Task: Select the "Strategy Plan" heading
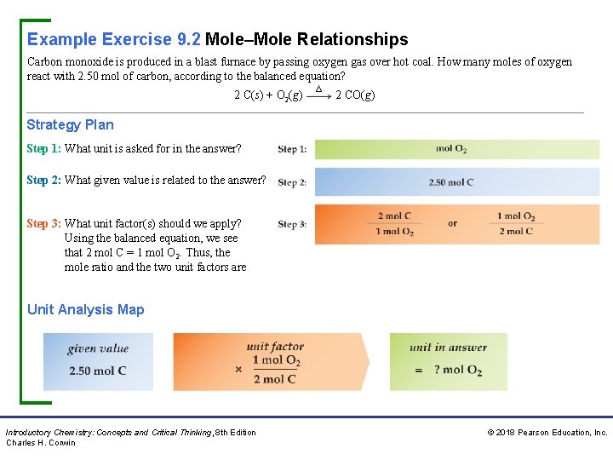70,124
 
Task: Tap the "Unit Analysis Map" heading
85,309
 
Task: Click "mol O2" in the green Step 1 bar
451,149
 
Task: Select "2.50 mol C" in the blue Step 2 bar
451,181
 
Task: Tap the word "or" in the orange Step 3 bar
452,224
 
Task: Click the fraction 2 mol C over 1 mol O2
395,224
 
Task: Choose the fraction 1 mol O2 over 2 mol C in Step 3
516,224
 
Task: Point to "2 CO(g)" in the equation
355,95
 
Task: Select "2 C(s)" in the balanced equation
249,95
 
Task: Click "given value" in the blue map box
98,348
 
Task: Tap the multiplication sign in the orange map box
238,370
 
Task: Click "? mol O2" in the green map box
458,370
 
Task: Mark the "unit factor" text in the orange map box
275,346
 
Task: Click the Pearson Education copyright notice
547,433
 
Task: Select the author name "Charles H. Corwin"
41,442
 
